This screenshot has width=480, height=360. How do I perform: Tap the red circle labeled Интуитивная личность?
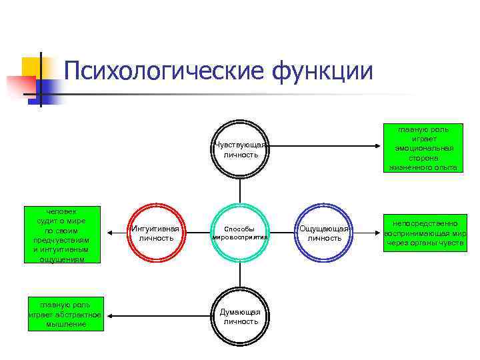155,233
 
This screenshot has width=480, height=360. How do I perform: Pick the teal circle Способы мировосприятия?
240,233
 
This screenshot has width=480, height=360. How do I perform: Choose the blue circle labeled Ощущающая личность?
324,233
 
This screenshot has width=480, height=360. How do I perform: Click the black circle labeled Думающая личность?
240,316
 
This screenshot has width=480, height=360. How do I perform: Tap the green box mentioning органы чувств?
424,233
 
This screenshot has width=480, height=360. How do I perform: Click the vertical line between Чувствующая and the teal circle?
240,191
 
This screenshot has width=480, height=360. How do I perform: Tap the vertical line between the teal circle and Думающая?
240,275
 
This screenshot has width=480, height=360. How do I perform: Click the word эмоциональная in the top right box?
424,148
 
